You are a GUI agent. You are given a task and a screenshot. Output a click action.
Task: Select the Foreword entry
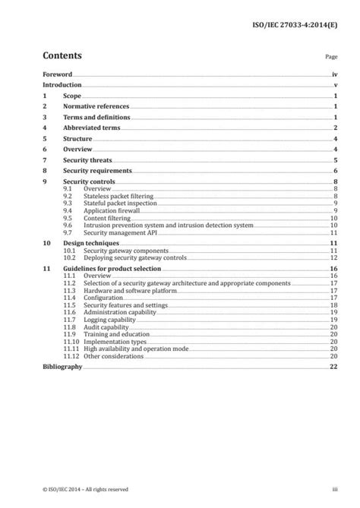click(x=57, y=75)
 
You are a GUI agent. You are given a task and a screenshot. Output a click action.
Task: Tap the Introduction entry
click(x=62, y=86)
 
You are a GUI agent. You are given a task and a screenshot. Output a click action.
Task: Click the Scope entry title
click(x=72, y=97)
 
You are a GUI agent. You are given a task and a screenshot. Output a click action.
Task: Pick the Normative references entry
click(x=96, y=108)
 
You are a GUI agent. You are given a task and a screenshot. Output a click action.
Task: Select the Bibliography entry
click(x=62, y=366)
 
